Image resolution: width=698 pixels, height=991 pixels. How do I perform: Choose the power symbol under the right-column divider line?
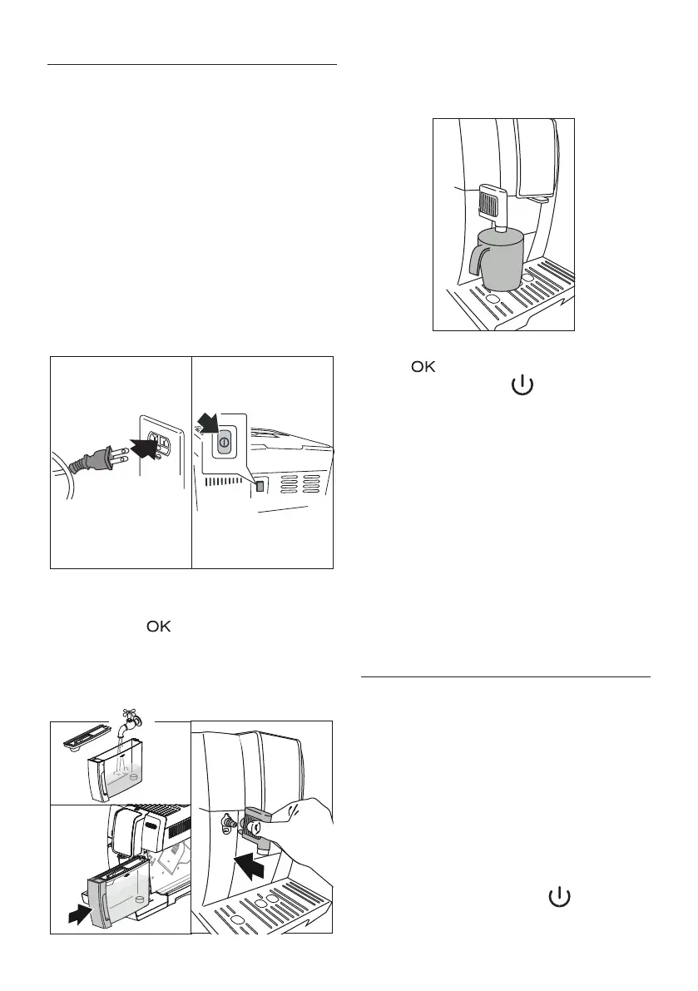pyautogui.click(x=559, y=897)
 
